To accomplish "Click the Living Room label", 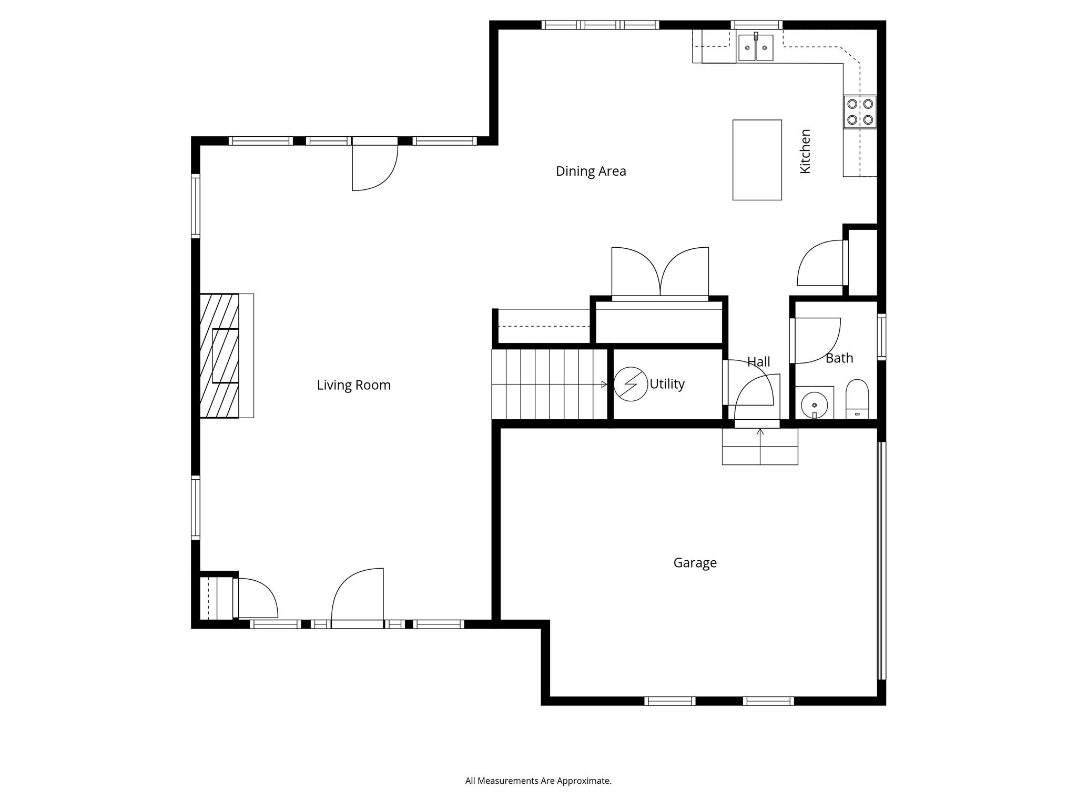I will click(353, 385).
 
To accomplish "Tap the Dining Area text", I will click(591, 171).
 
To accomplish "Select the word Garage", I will click(695, 563).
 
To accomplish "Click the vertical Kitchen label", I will click(805, 151).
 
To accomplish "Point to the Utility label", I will click(667, 384).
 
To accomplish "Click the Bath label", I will click(839, 358).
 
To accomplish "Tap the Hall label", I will click(758, 362).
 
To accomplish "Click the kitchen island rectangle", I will click(757, 160).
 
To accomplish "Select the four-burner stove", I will click(860, 112).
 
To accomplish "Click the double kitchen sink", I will click(756, 48).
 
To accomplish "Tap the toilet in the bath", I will click(857, 398).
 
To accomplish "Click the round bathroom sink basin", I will click(814, 405).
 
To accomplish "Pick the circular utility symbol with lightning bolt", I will click(630, 384).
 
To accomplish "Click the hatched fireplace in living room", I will click(219, 356).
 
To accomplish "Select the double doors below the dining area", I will click(660, 274).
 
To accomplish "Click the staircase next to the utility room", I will click(549, 385).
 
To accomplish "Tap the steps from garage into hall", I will click(759, 447).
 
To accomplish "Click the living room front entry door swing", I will click(357, 597).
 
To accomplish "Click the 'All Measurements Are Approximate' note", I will click(538, 781).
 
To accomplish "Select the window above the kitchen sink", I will click(756, 25).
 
